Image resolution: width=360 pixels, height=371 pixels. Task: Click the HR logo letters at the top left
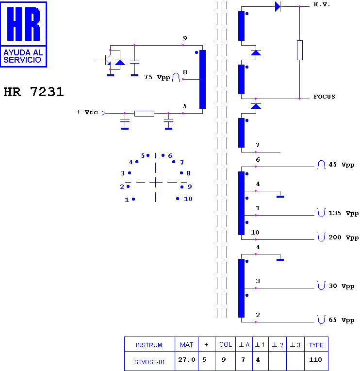(x=23, y=24)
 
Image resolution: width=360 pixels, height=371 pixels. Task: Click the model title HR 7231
(x=34, y=92)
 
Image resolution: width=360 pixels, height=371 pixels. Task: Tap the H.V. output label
(x=322, y=4)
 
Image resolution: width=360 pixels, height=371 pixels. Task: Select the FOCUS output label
(x=324, y=97)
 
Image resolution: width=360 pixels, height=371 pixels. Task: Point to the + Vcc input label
(x=87, y=112)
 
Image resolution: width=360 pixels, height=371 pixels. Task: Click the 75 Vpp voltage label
(x=157, y=77)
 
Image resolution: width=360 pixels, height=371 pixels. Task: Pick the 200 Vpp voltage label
(x=344, y=237)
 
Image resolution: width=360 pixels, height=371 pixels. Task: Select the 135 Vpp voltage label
(x=344, y=213)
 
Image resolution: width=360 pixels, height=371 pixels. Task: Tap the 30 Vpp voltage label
(x=342, y=286)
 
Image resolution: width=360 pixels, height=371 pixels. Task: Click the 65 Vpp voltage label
(x=342, y=320)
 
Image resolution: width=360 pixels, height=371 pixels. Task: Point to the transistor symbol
(x=107, y=60)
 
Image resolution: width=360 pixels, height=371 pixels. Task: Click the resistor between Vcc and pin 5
(x=144, y=114)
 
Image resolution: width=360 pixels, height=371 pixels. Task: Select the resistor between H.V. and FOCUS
(x=300, y=50)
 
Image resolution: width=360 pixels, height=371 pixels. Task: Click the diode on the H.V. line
(x=278, y=6)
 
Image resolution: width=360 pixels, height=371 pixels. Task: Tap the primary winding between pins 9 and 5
(x=203, y=79)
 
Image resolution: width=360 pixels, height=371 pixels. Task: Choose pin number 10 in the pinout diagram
(x=188, y=199)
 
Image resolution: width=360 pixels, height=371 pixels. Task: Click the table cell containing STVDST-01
(x=149, y=361)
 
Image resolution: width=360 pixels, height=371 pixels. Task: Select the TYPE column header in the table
(x=316, y=344)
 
